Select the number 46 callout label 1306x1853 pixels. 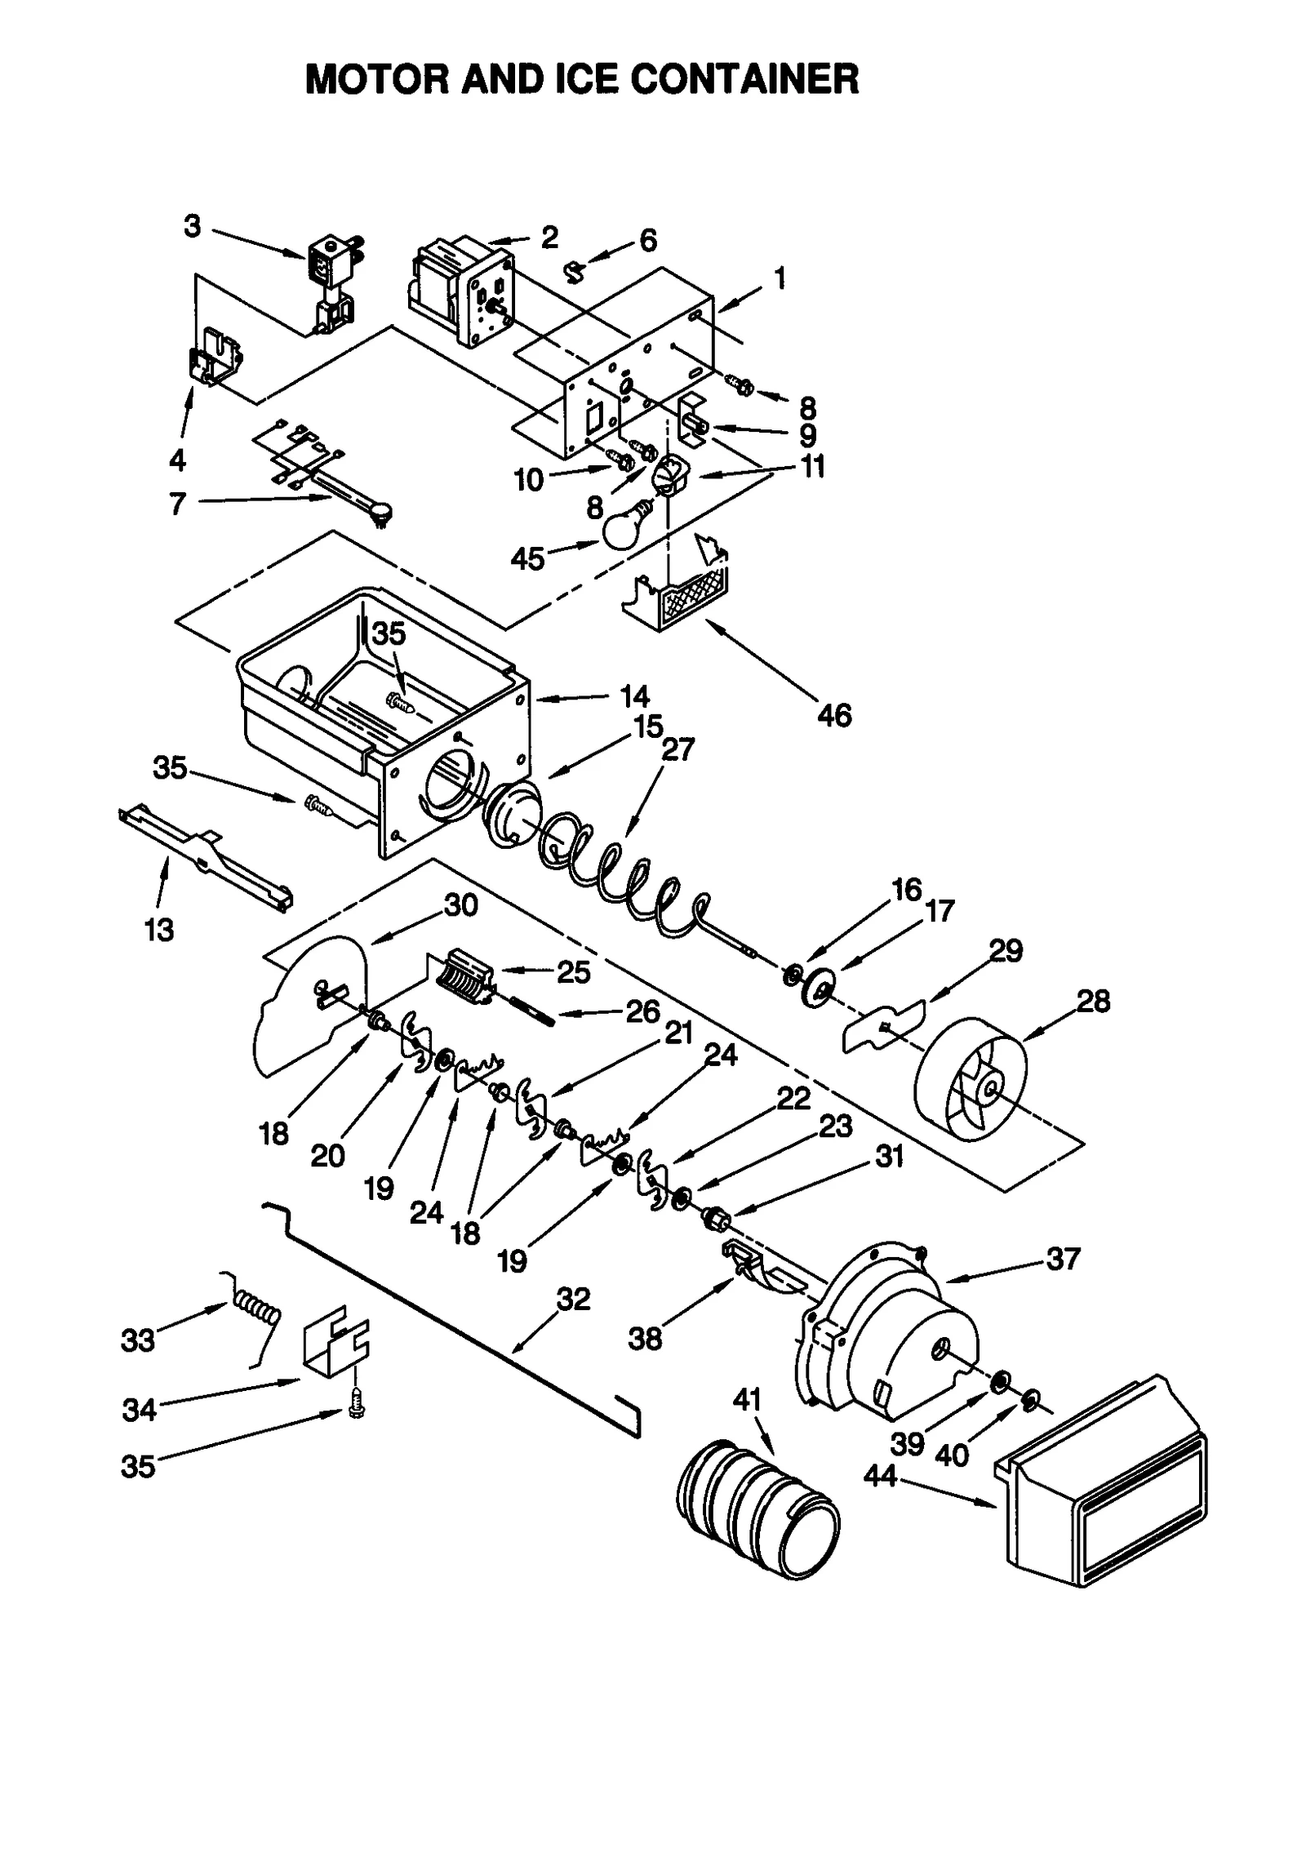[833, 716]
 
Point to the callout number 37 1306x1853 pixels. [1063, 1259]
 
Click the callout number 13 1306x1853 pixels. [159, 930]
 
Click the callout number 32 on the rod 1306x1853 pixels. [573, 1299]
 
